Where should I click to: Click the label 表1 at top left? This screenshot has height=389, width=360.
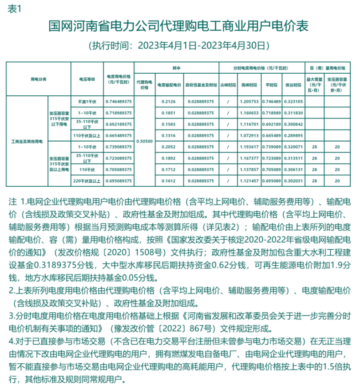click(15, 10)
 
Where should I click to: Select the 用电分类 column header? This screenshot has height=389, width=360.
click(38, 79)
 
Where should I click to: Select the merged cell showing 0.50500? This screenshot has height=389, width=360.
click(144, 141)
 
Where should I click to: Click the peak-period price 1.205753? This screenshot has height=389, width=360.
click(249, 102)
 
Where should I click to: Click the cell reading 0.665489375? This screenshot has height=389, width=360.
click(118, 135)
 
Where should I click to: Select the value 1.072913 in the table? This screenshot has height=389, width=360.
click(249, 135)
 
